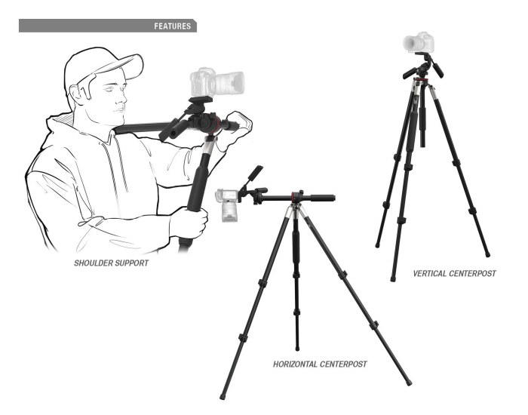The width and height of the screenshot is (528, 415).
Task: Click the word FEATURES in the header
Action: point(172,26)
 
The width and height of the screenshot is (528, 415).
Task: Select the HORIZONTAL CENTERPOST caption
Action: point(320,364)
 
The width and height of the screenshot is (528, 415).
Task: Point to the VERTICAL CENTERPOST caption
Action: point(455,273)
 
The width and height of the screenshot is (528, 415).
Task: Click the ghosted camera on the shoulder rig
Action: point(216,81)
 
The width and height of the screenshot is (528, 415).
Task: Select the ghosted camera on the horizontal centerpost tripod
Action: point(229,203)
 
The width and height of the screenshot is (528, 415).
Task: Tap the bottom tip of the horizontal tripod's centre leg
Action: point(297,348)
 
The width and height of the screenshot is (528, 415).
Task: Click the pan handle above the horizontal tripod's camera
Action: point(253,176)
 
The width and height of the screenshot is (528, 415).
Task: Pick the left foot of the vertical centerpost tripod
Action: point(377,244)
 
